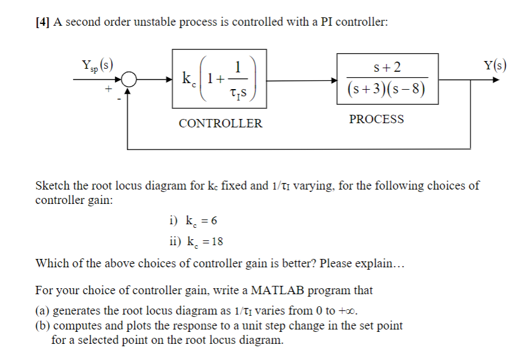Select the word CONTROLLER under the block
pyautogui.click(x=220, y=124)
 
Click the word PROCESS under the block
pyautogui.click(x=376, y=119)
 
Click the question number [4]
pyautogui.click(x=42, y=22)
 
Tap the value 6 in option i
pyautogui.click(x=214, y=221)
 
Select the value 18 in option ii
pyautogui.click(x=217, y=242)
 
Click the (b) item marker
pyautogui.click(x=44, y=327)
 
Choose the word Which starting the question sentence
pyautogui.click(x=52, y=264)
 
